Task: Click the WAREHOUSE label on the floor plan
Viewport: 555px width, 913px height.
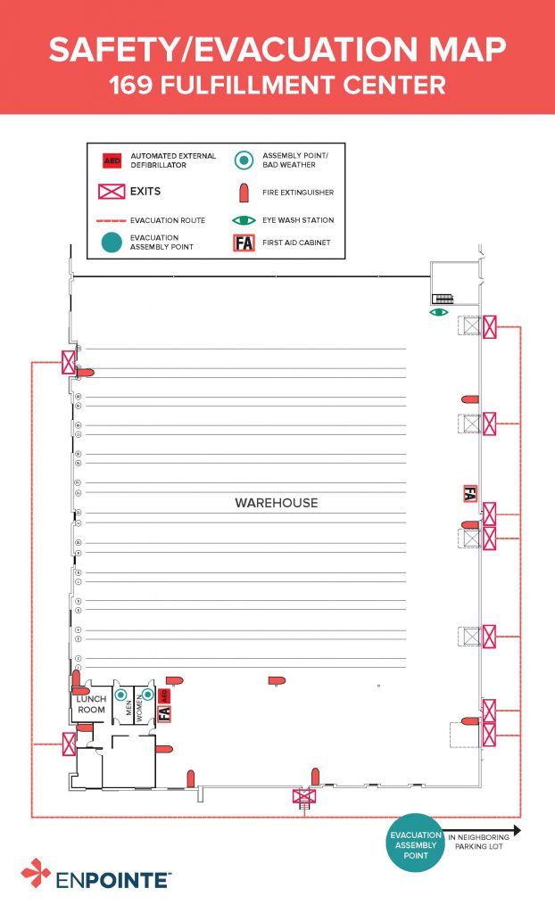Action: coord(276,503)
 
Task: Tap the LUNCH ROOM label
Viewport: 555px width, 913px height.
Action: coord(91,705)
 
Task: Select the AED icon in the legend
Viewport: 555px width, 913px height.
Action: coord(112,160)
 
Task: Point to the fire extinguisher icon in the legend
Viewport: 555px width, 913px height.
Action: coord(244,192)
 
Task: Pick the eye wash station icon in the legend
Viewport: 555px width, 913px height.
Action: coord(244,220)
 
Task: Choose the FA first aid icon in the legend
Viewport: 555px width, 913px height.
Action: coord(244,243)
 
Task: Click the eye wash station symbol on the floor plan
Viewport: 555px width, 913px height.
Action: coord(438,313)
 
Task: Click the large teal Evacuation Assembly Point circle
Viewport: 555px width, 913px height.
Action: coord(415,843)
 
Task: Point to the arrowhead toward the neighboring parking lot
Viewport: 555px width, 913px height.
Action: coord(516,829)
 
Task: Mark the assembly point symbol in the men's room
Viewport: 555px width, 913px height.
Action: coord(121,695)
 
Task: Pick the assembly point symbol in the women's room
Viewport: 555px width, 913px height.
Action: coord(148,695)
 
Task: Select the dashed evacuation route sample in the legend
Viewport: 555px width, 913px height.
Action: coord(112,220)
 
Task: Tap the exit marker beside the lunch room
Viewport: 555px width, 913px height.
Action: coord(68,742)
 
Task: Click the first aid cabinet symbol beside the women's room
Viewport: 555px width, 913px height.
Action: coord(164,713)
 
